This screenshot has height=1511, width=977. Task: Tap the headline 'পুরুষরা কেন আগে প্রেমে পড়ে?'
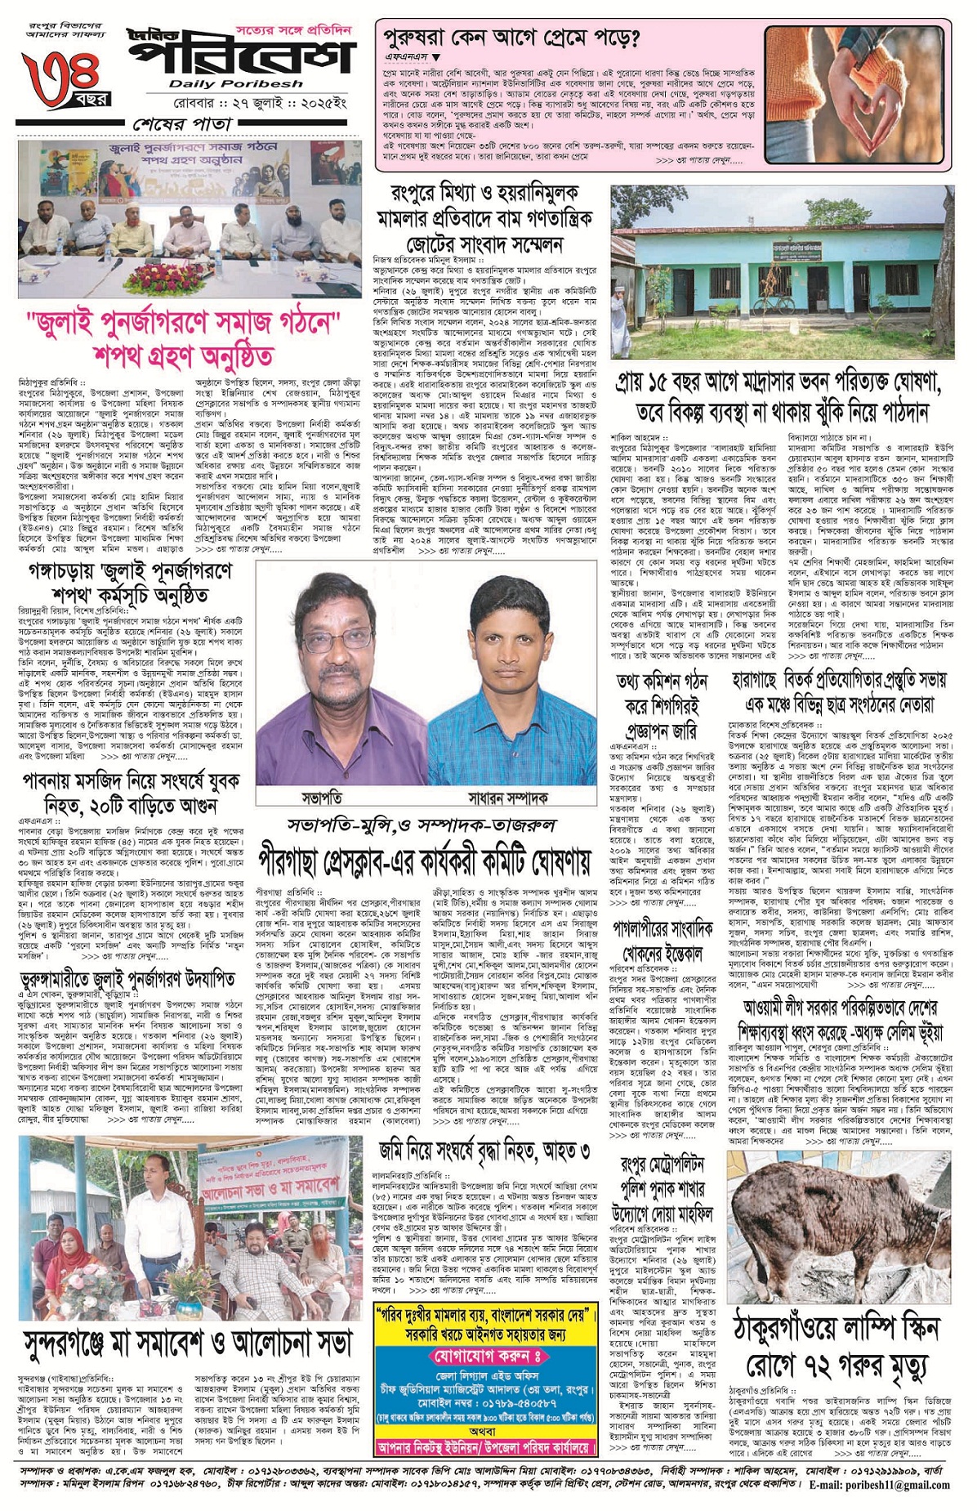[x=512, y=38]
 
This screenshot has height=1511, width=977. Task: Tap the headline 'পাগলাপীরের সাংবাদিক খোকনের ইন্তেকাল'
[x=662, y=941]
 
